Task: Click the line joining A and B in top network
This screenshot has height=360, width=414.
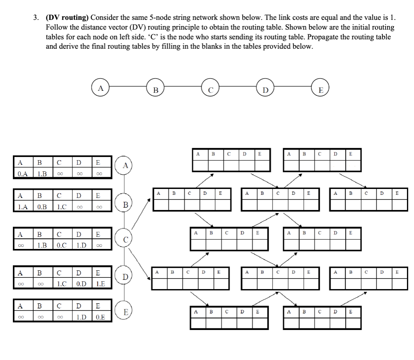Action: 128,89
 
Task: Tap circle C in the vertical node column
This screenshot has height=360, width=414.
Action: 125,238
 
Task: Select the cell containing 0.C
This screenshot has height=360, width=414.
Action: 61,246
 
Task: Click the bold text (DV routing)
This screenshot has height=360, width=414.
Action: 67,18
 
